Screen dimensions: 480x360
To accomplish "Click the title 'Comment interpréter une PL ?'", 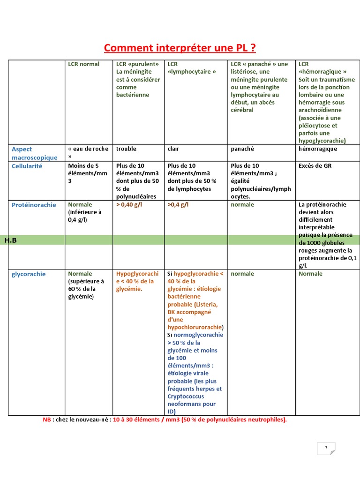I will point(180,48).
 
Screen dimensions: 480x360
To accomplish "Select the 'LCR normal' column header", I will point(83,64).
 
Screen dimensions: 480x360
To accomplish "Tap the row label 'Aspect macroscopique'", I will point(34,153).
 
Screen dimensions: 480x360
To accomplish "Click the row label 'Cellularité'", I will point(27,166).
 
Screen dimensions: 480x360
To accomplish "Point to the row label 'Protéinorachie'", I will point(34,205).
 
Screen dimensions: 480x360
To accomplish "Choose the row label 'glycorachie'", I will point(29,274).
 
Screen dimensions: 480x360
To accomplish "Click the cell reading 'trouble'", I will point(126,149).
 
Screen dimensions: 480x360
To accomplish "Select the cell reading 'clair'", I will point(173,149).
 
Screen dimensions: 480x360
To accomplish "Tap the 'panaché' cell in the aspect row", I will point(242,149).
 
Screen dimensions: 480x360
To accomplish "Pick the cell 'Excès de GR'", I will point(315,166).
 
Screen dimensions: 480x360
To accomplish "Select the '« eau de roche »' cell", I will point(88,153).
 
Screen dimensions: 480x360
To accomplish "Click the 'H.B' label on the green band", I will point(10,240).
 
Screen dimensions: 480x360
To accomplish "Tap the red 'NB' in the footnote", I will point(46,420).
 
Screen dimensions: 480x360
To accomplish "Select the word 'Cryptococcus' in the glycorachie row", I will point(186,397).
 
